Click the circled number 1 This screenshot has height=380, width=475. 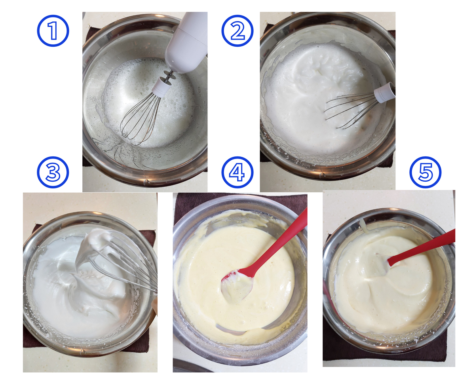(53, 31)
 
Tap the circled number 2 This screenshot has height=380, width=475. (237, 31)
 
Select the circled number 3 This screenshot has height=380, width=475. (53, 173)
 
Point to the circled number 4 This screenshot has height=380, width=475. (237, 173)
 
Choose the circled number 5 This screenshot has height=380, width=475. (426, 173)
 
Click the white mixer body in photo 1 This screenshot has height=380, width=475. (186, 42)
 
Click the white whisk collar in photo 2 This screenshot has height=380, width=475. (384, 92)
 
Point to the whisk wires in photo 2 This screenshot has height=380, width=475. (351, 110)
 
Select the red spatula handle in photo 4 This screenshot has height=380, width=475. (276, 241)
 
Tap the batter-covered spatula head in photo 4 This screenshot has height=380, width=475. (237, 286)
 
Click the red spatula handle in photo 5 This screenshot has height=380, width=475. (422, 247)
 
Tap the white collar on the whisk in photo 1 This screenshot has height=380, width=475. (162, 88)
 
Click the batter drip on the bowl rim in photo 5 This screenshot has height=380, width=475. (363, 225)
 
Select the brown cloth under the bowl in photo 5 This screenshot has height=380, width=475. (384, 351)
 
